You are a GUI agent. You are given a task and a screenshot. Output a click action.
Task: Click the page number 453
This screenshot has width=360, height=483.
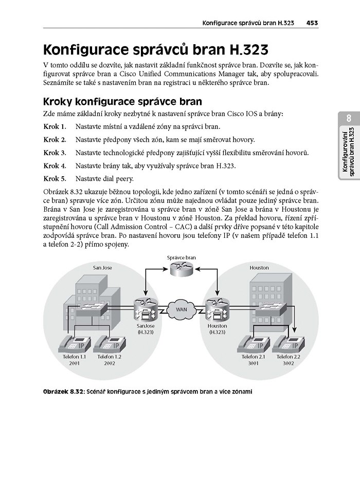(312, 23)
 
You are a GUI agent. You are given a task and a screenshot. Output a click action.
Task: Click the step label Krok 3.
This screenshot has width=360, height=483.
(55, 153)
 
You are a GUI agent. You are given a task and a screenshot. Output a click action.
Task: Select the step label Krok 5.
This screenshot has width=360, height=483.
(55, 179)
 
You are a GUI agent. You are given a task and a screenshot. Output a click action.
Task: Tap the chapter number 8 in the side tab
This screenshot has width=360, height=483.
(349, 119)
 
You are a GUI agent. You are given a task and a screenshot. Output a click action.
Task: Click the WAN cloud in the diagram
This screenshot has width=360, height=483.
(182, 309)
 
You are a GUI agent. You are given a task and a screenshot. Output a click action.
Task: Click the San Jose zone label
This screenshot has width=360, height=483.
(102, 268)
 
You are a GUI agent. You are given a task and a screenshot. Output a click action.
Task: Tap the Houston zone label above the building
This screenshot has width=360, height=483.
(259, 268)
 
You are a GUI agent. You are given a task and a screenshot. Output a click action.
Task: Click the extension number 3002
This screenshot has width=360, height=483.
(289, 363)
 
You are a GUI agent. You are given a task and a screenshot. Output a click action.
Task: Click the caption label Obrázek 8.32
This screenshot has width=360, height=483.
(63, 392)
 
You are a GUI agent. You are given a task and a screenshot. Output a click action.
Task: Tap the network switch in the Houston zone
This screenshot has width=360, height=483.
(272, 307)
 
